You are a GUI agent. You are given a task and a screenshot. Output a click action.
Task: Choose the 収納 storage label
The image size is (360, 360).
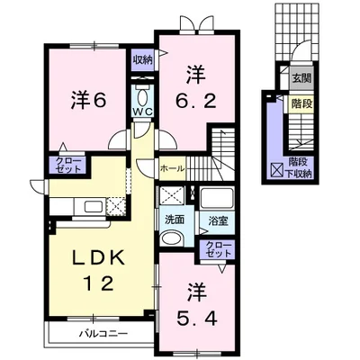(143, 60)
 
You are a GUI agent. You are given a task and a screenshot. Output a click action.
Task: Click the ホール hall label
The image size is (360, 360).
(172, 168)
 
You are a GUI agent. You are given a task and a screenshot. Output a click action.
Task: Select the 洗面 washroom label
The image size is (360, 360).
(174, 219)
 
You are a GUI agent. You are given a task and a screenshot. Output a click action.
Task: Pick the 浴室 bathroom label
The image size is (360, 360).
(217, 219)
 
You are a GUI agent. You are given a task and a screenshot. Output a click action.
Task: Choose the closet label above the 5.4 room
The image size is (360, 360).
(217, 249)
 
